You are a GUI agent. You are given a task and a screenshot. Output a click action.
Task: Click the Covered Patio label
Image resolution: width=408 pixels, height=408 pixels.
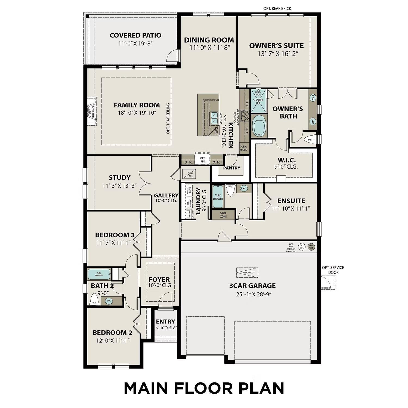tap(135, 35)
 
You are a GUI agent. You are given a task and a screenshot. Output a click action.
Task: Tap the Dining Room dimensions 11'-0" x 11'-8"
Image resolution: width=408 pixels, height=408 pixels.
tap(210, 48)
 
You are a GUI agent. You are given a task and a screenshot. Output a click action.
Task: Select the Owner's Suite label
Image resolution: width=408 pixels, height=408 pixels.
tap(276, 45)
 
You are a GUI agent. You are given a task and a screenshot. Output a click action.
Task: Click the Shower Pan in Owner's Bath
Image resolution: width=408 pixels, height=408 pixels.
tap(258, 101)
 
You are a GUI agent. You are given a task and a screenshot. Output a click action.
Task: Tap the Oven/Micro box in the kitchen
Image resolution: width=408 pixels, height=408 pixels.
tap(243, 148)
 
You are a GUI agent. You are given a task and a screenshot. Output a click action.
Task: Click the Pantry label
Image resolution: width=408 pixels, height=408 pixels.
tap(231, 168)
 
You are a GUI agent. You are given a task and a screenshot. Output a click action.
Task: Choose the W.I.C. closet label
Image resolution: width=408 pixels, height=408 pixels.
tap(286, 160)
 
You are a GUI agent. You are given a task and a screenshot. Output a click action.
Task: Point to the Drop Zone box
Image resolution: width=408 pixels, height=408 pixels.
tap(223, 215)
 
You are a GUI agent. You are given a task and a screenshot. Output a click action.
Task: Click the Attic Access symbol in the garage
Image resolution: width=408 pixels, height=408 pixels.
tap(247, 273)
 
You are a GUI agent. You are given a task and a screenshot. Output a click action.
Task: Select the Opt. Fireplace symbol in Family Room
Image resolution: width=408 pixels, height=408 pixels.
tap(92, 111)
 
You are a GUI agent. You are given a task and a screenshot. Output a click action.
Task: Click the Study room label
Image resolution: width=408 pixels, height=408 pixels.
tap(120, 178)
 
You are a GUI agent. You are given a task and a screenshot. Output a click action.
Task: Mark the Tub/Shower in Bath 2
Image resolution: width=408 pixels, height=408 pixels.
tap(99, 274)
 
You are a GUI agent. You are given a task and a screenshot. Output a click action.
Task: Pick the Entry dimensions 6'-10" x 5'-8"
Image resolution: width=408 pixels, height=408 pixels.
tap(166, 328)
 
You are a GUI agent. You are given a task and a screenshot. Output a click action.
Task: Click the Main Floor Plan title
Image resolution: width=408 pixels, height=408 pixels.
tap(204, 388)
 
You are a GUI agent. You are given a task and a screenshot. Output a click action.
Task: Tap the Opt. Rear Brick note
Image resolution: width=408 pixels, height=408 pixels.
tap(277, 8)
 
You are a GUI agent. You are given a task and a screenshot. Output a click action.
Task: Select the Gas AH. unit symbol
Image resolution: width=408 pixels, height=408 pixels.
tap(191, 174)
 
